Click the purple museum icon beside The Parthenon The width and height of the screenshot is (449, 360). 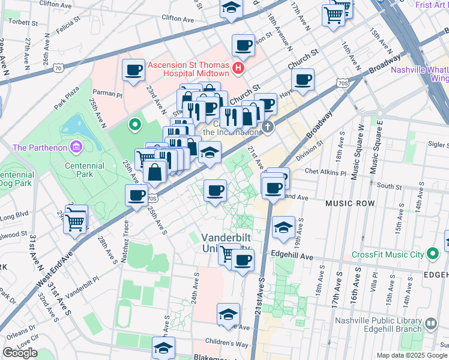tap(76, 147)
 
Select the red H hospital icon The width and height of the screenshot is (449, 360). tap(239, 68)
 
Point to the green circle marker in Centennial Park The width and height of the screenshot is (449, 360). tap(135, 125)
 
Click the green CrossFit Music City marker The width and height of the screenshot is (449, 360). tap(431, 254)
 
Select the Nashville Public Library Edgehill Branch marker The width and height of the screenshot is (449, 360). tap(431, 325)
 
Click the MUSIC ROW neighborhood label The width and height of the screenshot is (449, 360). tap(350, 204)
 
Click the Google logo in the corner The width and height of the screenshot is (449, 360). tap(20, 353)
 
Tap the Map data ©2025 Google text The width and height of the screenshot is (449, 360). tap(411, 355)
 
